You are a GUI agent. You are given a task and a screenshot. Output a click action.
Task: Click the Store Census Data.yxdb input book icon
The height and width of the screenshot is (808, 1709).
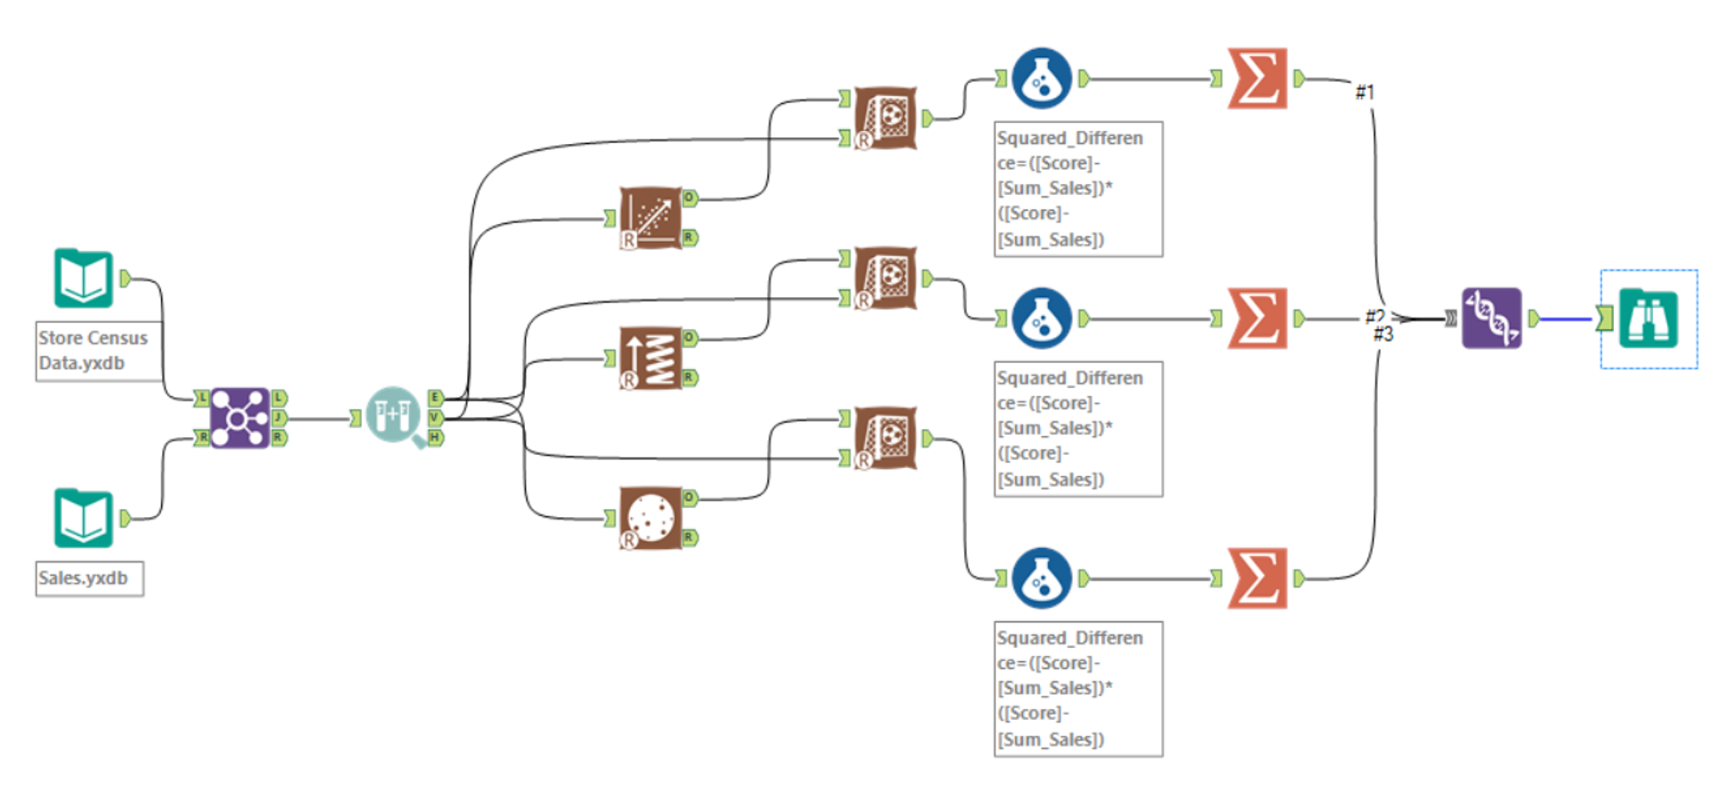[84, 279]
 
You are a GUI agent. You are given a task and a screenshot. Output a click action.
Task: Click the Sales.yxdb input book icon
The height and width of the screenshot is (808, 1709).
[84, 518]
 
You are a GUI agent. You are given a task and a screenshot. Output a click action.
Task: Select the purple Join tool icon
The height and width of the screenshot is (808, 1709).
[239, 417]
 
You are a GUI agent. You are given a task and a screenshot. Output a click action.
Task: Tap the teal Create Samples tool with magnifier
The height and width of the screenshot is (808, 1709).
[394, 416]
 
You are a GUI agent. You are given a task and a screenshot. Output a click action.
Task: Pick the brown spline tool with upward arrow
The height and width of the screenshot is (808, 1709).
[650, 358]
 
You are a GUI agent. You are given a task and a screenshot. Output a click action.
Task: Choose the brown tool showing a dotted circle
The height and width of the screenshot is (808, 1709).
[650, 518]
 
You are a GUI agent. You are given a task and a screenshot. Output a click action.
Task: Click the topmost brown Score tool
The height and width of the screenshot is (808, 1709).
[885, 117]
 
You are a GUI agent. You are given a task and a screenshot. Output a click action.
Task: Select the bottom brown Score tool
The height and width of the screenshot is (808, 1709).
[885, 438]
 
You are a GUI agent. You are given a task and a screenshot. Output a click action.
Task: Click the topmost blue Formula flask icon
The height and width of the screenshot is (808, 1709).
[1042, 78]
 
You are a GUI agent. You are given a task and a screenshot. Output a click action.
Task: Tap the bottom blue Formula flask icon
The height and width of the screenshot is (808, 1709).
[1042, 578]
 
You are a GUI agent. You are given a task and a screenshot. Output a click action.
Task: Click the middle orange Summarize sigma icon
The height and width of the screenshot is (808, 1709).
[1257, 318]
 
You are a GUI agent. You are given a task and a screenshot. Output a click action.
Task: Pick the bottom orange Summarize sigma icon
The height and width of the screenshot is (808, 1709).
[1257, 578]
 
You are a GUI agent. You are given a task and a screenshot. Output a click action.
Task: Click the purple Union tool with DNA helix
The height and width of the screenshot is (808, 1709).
[1492, 318]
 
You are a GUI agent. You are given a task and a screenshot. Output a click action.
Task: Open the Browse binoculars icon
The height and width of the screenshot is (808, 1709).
[1649, 318]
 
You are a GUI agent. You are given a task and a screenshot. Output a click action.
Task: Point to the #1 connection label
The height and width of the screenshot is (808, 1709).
[1365, 92]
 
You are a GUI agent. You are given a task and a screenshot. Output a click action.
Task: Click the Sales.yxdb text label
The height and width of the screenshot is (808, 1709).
[84, 578]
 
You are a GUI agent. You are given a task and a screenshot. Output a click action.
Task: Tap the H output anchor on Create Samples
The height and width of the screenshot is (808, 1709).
[435, 437]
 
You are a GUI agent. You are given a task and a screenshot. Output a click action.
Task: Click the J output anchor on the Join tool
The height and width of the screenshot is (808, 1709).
[279, 417]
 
